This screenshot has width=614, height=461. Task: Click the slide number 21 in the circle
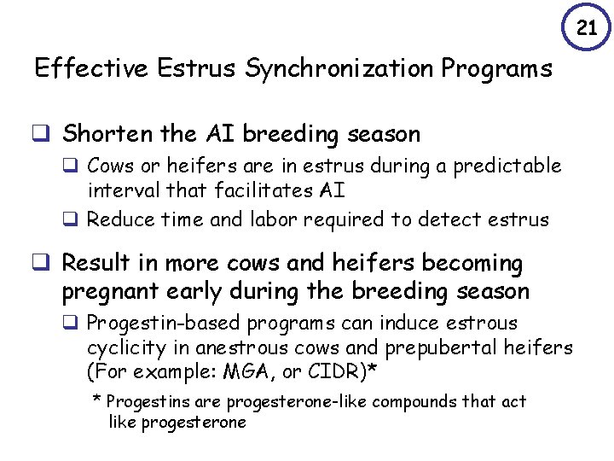pos(587,28)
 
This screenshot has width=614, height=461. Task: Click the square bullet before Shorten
pos(40,134)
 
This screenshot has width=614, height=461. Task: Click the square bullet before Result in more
pos(40,264)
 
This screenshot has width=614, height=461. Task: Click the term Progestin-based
pos(154,324)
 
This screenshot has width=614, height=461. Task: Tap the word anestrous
pos(241,347)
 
